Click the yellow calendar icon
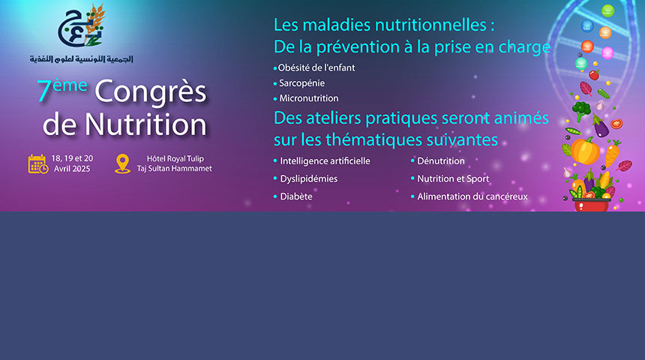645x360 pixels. tap(38, 163)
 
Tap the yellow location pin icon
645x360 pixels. tap(122, 163)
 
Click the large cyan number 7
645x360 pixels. tap(44, 91)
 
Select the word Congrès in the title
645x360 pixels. tap(151, 92)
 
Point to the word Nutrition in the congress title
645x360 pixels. tap(145, 124)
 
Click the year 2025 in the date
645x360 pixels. tap(80, 169)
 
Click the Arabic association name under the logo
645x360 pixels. tap(82, 58)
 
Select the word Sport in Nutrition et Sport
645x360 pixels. tap(478, 179)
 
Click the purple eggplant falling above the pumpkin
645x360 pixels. tap(601, 126)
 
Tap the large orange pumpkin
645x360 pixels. tap(585, 151)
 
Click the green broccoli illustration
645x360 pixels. tap(580, 110)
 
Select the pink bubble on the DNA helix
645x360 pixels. tap(607, 53)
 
